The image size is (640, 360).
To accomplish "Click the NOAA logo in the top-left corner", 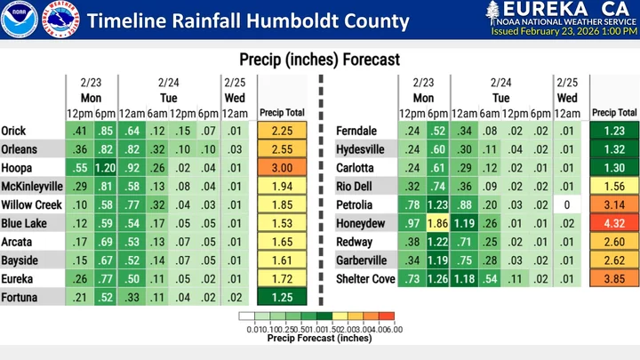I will point(18,20).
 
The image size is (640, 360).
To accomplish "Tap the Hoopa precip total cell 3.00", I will point(281,168).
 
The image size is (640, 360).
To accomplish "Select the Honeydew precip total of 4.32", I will point(614,224).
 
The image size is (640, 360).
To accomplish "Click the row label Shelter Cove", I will point(364,279).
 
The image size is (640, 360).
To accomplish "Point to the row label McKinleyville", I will point(32,187).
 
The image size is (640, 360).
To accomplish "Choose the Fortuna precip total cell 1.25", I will point(281,297).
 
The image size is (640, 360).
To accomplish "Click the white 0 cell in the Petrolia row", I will point(566,205).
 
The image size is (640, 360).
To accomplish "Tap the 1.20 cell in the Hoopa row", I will point(106,168).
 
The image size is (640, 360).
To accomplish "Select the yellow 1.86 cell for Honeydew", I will point(437,224).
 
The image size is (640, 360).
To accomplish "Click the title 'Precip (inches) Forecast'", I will point(319,60).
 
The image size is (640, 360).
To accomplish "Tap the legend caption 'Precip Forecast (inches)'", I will point(319,338).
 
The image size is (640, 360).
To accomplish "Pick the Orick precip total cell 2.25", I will point(281,131).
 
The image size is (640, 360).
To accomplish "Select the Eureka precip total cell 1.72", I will point(281,279).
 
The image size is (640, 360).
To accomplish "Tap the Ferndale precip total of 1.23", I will point(614,131).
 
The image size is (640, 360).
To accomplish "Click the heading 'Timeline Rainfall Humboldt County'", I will point(222,20).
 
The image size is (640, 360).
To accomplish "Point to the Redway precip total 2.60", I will point(614,242).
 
